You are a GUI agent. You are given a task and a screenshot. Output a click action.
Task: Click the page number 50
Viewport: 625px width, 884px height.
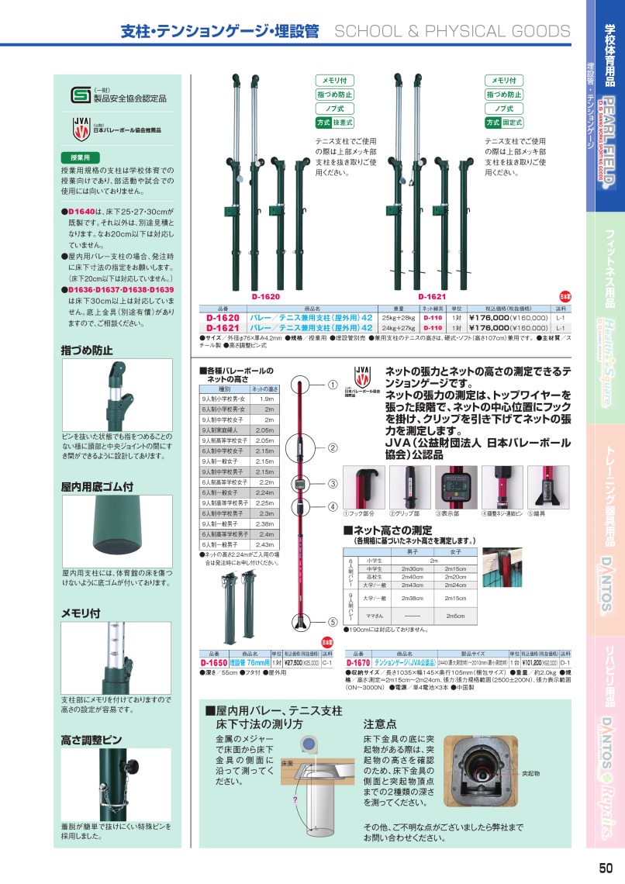pyautogui.click(x=606, y=868)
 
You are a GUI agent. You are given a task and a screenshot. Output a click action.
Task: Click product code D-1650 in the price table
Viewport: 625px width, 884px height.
pyautogui.click(x=213, y=663)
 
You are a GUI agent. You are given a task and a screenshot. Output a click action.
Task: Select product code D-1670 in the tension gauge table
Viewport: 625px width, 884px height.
pyautogui.click(x=358, y=663)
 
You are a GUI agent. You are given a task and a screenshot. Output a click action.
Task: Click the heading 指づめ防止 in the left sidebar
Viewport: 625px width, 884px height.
pyautogui.click(x=87, y=350)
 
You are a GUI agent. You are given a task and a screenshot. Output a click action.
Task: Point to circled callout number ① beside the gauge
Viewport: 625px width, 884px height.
pyautogui.click(x=331, y=384)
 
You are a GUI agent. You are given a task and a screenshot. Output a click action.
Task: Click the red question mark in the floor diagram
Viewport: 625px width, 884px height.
pyautogui.click(x=295, y=799)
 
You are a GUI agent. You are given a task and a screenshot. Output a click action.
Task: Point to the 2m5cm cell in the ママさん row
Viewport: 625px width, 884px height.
pyautogui.click(x=455, y=615)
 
